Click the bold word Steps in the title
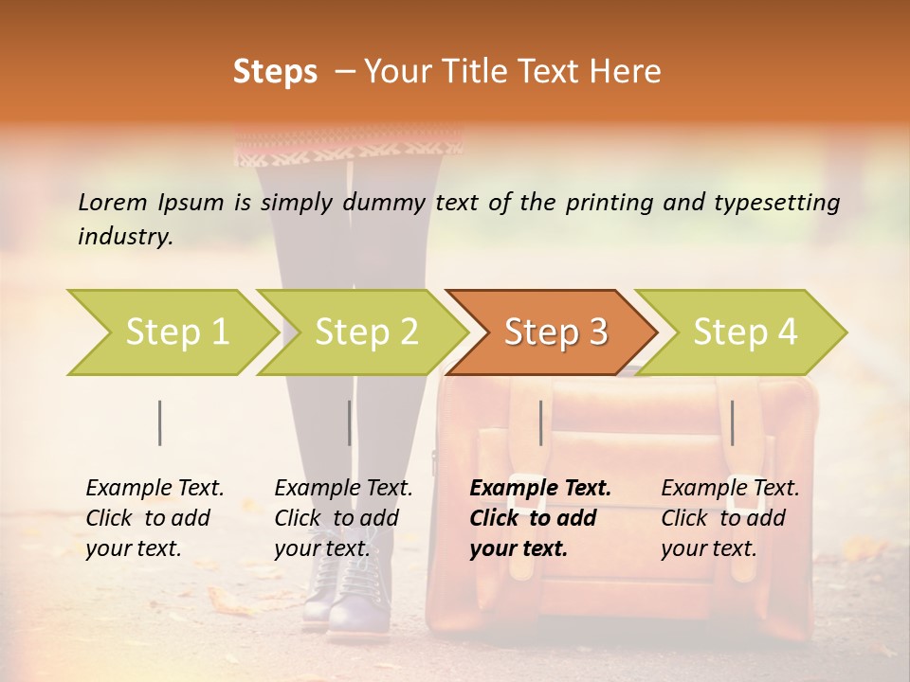click(x=275, y=72)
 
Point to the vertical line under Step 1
click(x=160, y=422)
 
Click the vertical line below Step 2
click(x=349, y=422)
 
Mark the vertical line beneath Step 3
click(x=540, y=422)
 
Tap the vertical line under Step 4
click(x=732, y=422)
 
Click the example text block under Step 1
click(x=155, y=518)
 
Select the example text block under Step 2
click(x=343, y=518)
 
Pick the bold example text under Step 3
click(x=540, y=518)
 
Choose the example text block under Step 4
click(x=730, y=518)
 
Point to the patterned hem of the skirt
click(x=347, y=149)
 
